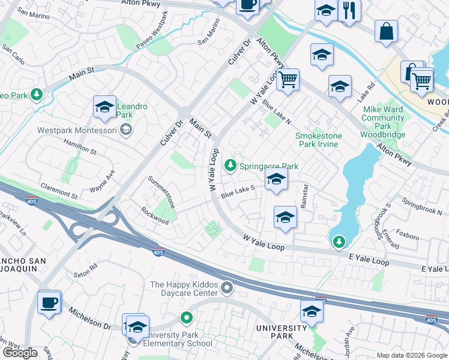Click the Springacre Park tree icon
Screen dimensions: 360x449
pyautogui.click(x=229, y=165)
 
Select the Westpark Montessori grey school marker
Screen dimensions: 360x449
pyautogui.click(x=126, y=129)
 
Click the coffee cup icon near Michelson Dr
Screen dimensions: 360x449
pyautogui.click(x=49, y=302)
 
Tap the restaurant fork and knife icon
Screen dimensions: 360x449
pyautogui.click(x=349, y=10)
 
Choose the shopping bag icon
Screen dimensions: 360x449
pyautogui.click(x=386, y=31)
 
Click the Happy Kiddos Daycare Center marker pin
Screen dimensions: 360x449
pyautogui.click(x=226, y=289)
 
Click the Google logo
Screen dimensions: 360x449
pyautogui.click(x=20, y=353)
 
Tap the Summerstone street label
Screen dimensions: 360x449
pyautogui.click(x=162, y=192)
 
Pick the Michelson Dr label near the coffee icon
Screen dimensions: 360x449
pyautogui.click(x=90, y=319)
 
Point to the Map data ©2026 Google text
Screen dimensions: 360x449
pyautogui.click(x=412, y=355)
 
